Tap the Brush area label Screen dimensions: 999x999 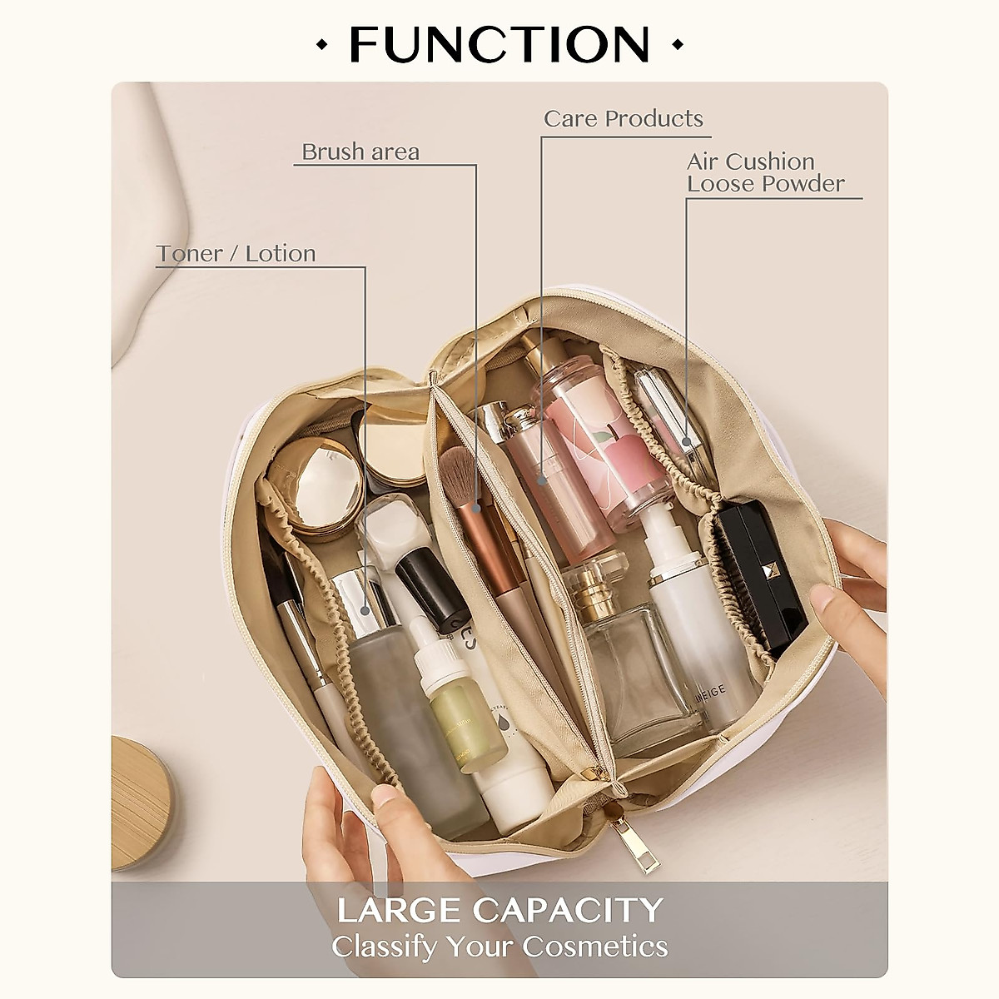[x=360, y=152]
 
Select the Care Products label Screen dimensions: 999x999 [x=624, y=119]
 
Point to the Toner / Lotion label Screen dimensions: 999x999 [x=236, y=254]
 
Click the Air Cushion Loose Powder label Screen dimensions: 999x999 [x=765, y=172]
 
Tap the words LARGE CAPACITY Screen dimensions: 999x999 [x=499, y=910]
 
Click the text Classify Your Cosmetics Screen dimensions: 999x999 [x=499, y=947]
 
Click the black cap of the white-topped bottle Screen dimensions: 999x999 [x=429, y=587]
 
